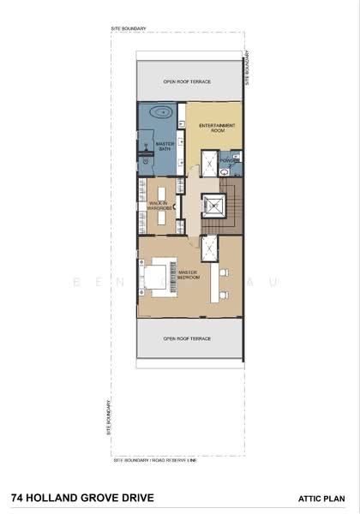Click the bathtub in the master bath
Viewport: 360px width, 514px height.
pos(160,112)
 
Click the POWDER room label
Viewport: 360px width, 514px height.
pos(229,159)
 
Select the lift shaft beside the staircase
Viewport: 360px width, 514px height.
pos(212,206)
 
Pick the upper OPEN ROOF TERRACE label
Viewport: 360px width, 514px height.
pos(188,82)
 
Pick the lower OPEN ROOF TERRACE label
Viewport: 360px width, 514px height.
pos(188,338)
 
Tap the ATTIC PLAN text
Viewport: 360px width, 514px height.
pos(321,497)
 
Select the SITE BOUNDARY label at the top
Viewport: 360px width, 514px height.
pos(129,28)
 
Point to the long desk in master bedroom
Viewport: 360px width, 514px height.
pos(214,281)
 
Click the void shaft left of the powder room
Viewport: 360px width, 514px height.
pos(208,162)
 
